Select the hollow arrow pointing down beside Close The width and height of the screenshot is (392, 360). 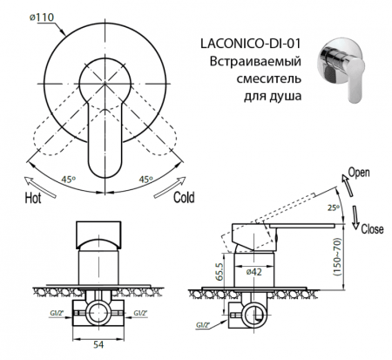coord(357,214)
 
